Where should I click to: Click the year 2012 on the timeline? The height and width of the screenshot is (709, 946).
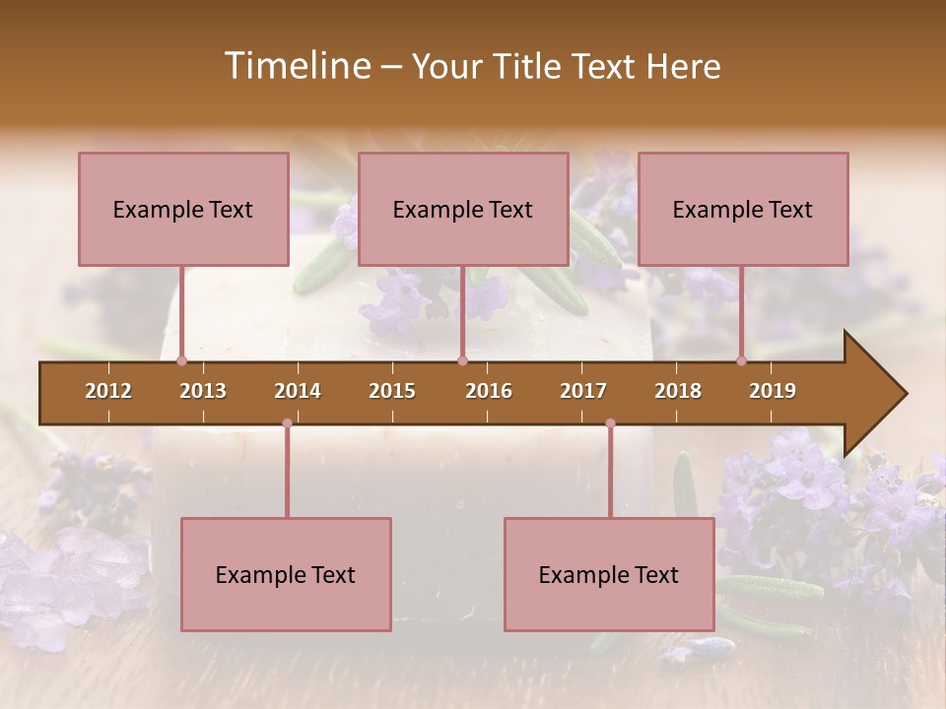108,391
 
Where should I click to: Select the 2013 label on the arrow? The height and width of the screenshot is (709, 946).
203,391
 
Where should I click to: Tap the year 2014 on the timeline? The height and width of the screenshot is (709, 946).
298,391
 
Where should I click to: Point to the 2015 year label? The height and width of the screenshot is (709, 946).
392,391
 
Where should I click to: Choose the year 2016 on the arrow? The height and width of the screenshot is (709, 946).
489,391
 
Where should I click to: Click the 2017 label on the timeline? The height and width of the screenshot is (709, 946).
583,391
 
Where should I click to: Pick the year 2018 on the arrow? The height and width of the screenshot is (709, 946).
678,391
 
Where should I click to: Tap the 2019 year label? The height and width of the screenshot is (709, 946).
773,391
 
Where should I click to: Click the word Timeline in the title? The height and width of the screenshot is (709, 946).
295,66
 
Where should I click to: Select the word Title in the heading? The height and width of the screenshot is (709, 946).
531,67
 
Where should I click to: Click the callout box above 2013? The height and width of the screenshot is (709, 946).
183,209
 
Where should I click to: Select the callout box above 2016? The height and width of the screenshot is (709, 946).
463,209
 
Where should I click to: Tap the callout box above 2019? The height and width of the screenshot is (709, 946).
743,209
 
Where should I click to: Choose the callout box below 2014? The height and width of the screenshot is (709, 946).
286,574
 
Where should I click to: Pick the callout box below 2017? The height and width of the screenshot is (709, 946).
609,574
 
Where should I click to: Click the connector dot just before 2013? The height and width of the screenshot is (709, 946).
181,360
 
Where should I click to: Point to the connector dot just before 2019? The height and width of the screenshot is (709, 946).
741,360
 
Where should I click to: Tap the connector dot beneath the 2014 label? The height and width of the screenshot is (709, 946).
287,423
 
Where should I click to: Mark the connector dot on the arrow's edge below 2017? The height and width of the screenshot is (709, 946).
610,423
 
